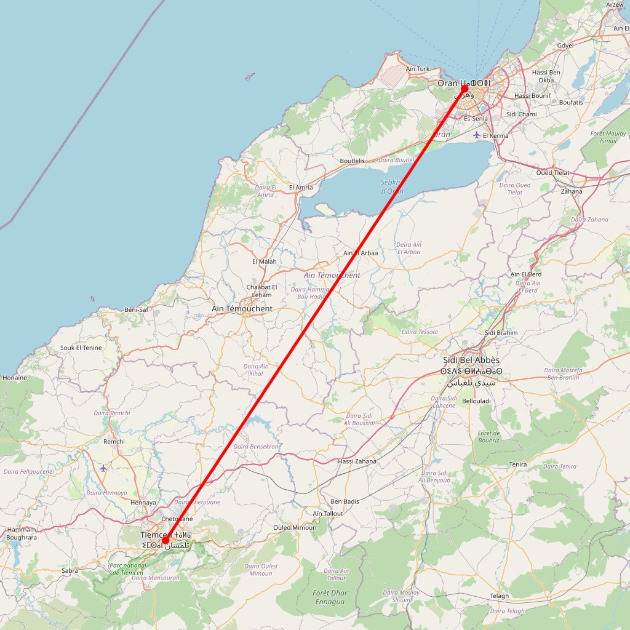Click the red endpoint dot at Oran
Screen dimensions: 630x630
(465, 89)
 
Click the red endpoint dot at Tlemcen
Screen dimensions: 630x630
(165, 541)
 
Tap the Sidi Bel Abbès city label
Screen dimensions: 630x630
(471, 360)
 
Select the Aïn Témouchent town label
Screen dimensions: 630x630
(242, 308)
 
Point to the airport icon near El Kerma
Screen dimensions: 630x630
(477, 134)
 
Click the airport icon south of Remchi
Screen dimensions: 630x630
(103, 468)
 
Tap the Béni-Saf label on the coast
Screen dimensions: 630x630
(137, 309)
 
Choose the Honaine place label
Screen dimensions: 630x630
(14, 378)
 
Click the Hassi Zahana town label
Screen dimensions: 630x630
(357, 461)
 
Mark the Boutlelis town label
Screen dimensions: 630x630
(352, 161)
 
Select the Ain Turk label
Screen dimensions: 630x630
(418, 69)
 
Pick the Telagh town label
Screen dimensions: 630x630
(499, 596)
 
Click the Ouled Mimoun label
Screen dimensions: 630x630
(295, 527)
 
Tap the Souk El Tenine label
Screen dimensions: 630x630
(81, 348)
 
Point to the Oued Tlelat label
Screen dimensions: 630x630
(552, 173)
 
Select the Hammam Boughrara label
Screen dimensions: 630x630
(22, 533)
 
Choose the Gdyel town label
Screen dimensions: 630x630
(565, 46)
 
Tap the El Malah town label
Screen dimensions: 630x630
(265, 261)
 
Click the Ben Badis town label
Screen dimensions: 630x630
(345, 501)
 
